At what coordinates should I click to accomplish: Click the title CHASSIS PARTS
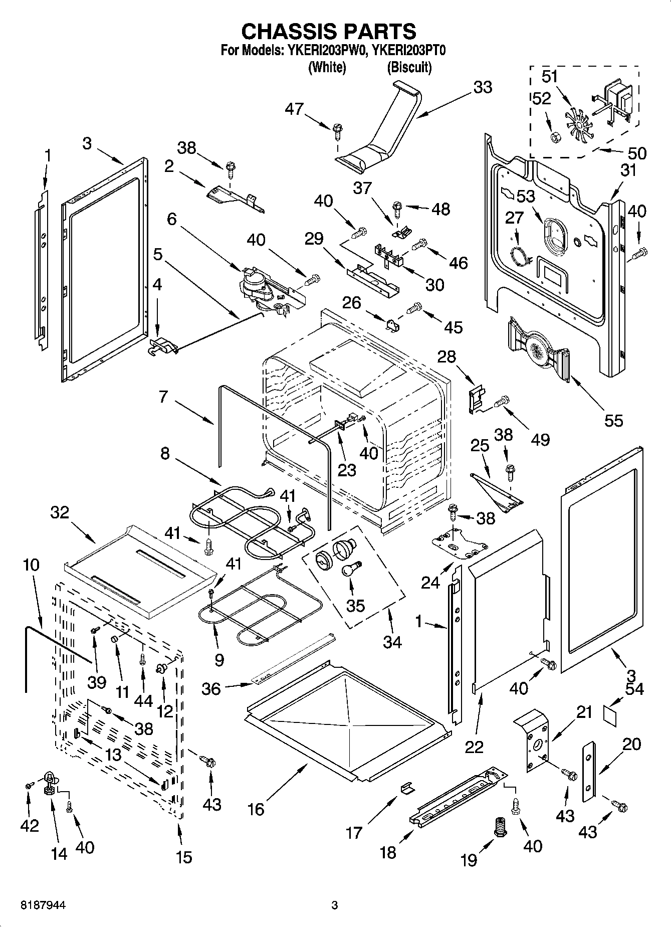(329, 31)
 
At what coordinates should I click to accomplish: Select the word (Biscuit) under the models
(409, 67)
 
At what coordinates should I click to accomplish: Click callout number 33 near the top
(483, 87)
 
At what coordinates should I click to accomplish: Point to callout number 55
(613, 420)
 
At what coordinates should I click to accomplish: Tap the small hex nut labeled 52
(555, 136)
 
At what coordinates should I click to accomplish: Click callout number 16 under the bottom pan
(256, 809)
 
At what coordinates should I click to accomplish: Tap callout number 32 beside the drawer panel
(60, 512)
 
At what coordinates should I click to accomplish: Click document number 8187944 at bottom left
(43, 905)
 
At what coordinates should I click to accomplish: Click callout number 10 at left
(31, 565)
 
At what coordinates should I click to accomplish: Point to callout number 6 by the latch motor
(171, 219)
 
